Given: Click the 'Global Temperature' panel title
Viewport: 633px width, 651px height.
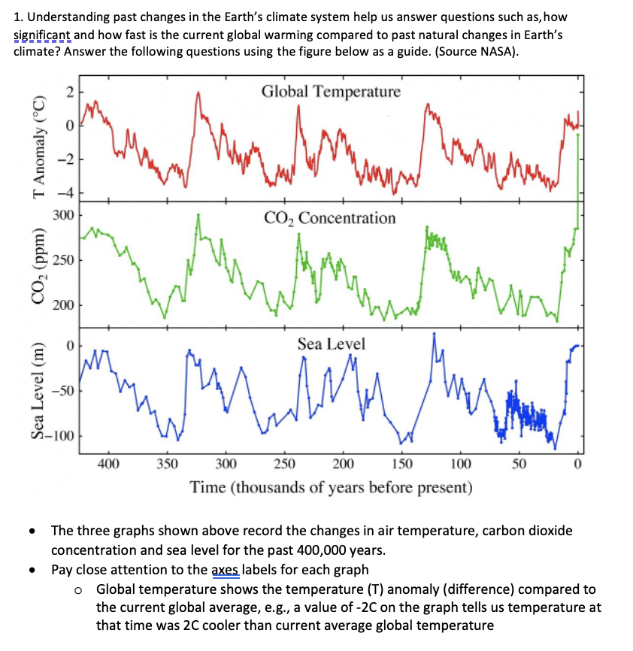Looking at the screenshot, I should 331,92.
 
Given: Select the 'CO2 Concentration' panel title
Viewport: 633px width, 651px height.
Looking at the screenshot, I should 329,218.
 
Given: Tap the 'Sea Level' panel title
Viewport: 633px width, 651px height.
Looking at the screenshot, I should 331,344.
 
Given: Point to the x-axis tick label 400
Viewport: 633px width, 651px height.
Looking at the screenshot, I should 108,462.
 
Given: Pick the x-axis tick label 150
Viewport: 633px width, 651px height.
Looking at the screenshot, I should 402,462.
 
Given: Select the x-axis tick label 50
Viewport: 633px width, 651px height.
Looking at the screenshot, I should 519,462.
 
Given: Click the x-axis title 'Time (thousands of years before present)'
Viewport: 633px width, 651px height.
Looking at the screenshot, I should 331,487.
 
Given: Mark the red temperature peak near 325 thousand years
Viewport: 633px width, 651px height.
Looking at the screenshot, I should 198,93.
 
